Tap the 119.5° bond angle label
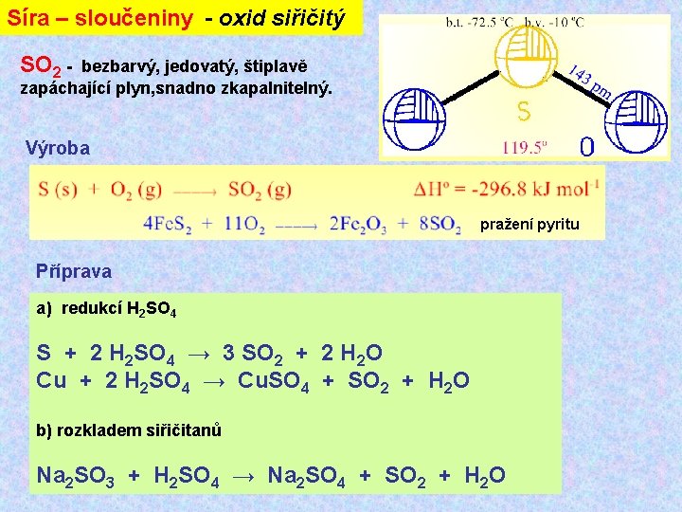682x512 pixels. [x=527, y=147]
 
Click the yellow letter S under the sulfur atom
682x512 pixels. [x=523, y=112]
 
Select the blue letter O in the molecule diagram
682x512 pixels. [x=586, y=147]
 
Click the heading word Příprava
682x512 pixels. [x=73, y=271]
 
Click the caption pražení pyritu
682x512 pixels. [x=529, y=225]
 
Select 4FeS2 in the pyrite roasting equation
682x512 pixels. [x=168, y=225]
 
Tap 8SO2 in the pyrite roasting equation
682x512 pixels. [x=440, y=225]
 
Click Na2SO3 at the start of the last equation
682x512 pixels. [x=74, y=475]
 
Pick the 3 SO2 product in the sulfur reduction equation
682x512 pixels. [x=251, y=355]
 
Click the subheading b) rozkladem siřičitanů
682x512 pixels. [x=129, y=430]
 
